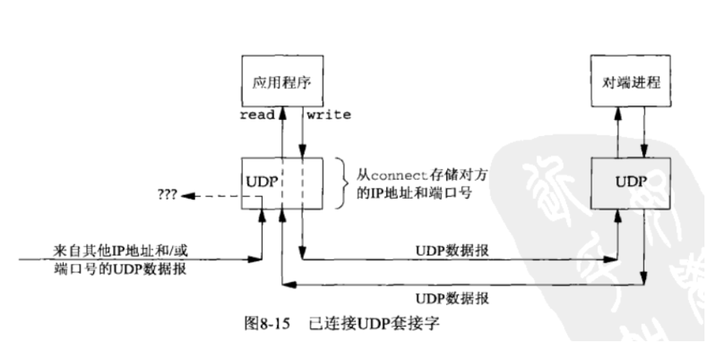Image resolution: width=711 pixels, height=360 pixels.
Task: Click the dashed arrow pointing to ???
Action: (210, 194)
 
